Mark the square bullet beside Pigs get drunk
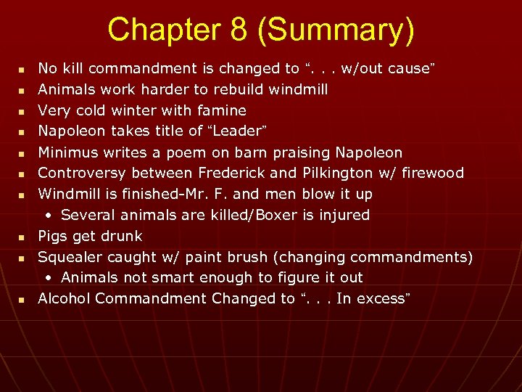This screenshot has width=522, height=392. [22, 237]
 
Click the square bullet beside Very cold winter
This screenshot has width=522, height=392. [22, 111]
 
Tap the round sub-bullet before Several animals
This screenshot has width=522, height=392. [48, 216]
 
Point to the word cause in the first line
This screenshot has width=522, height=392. [409, 69]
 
